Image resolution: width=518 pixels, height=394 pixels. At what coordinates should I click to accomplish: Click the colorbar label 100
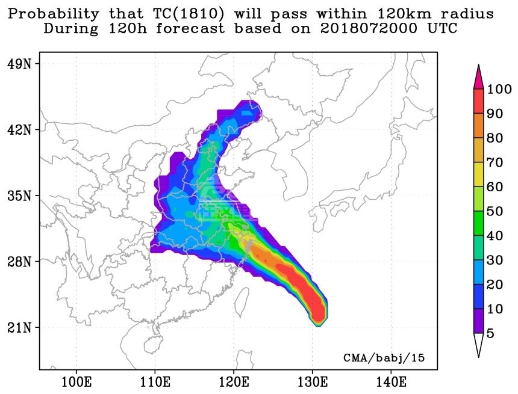point(499,90)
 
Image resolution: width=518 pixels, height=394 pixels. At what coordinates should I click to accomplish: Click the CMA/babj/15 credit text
point(384,357)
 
